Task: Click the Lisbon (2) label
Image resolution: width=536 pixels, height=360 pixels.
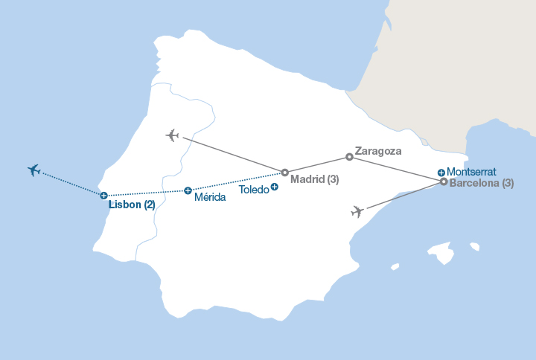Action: (x=132, y=205)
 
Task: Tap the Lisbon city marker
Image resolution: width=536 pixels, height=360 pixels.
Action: (x=104, y=195)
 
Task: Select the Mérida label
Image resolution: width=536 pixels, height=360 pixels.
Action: (x=209, y=198)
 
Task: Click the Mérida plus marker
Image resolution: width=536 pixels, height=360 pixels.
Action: (x=188, y=190)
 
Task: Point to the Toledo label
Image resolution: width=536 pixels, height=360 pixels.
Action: (x=253, y=190)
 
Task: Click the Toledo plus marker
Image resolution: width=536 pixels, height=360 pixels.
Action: (x=275, y=186)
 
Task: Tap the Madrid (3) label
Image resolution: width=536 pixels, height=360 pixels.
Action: (x=315, y=179)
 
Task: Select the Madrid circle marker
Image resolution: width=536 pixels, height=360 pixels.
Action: (x=284, y=172)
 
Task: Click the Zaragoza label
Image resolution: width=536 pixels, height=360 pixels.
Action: (x=378, y=150)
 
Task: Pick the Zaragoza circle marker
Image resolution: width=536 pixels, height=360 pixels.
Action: (x=349, y=157)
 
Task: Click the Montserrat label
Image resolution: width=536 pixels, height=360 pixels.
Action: (x=471, y=171)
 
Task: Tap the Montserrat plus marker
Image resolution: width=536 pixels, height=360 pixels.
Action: (x=441, y=172)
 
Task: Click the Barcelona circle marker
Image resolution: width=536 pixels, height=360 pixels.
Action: (x=444, y=181)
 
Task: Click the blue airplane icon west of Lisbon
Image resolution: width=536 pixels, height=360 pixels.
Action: (x=33, y=170)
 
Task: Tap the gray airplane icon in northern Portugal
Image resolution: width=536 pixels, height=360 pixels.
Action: (x=173, y=135)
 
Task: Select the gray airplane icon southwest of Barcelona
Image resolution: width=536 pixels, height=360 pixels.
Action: (x=358, y=212)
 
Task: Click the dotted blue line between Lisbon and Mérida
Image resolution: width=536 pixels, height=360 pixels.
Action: (x=146, y=193)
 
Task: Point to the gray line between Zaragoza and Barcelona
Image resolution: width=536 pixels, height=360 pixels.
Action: (x=396, y=169)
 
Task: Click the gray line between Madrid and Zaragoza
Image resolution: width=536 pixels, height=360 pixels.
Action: (x=316, y=164)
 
